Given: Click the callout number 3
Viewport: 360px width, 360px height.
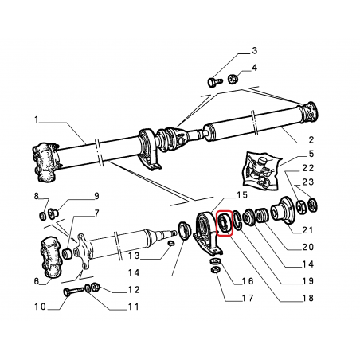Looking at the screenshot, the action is click(x=255, y=50).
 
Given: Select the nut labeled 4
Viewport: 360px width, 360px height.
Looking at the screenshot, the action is click(x=233, y=79).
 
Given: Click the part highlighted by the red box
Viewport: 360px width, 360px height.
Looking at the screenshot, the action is click(x=225, y=223).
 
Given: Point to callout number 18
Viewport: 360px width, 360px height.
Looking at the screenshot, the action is click(x=308, y=298).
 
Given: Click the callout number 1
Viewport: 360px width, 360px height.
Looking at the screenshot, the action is click(x=37, y=119).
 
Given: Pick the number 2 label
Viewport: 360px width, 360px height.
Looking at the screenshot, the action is click(x=311, y=139).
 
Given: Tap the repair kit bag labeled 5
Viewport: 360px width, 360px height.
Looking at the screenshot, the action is click(x=262, y=170).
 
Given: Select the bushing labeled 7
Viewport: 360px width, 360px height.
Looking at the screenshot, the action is click(x=67, y=253).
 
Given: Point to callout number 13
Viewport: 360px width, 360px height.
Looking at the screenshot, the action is click(x=134, y=256).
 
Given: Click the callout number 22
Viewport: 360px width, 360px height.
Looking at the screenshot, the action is click(x=308, y=168).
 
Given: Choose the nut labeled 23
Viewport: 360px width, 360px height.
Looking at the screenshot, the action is click(x=312, y=205).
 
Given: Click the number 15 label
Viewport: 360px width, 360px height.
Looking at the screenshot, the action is click(x=242, y=195).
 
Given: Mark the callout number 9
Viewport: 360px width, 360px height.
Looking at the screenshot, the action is click(x=96, y=196).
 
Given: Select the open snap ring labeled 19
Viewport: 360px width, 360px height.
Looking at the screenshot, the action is click(x=237, y=220).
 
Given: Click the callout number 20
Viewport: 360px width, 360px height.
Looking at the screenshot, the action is click(x=308, y=247).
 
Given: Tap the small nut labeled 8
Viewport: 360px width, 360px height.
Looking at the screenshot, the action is click(x=42, y=216).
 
